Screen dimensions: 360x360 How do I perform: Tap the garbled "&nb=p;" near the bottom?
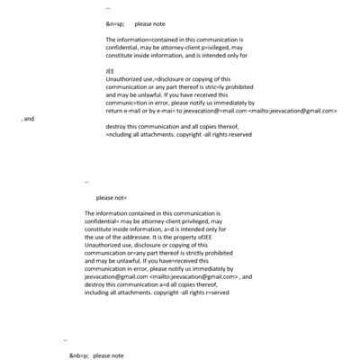79,355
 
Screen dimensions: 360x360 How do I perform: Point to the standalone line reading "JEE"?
110,70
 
